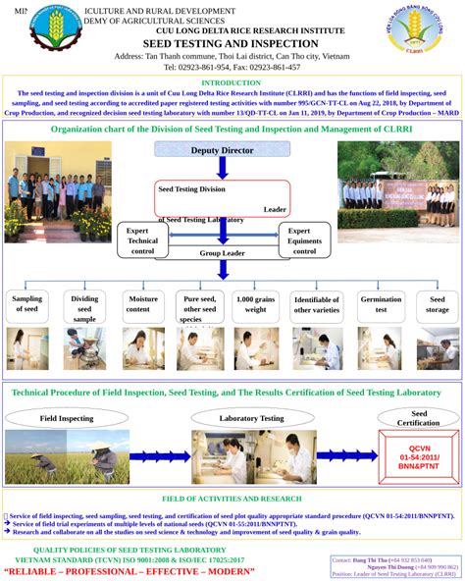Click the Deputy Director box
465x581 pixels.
click(222, 149)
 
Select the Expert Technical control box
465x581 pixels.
click(142, 239)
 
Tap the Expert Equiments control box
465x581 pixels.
click(305, 239)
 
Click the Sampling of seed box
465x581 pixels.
click(28, 304)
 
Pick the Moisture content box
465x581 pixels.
click(143, 304)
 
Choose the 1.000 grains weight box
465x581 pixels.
click(257, 304)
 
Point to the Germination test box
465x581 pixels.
click(381, 304)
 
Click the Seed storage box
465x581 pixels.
click(438, 304)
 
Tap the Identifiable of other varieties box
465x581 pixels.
click(317, 304)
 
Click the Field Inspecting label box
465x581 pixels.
click(68, 418)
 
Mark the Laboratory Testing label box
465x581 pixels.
click(252, 418)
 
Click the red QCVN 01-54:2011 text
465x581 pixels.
click(419, 457)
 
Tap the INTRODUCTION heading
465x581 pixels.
click(231, 83)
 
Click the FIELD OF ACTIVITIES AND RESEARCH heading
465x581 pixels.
click(232, 500)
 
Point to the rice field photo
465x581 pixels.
click(67, 456)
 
